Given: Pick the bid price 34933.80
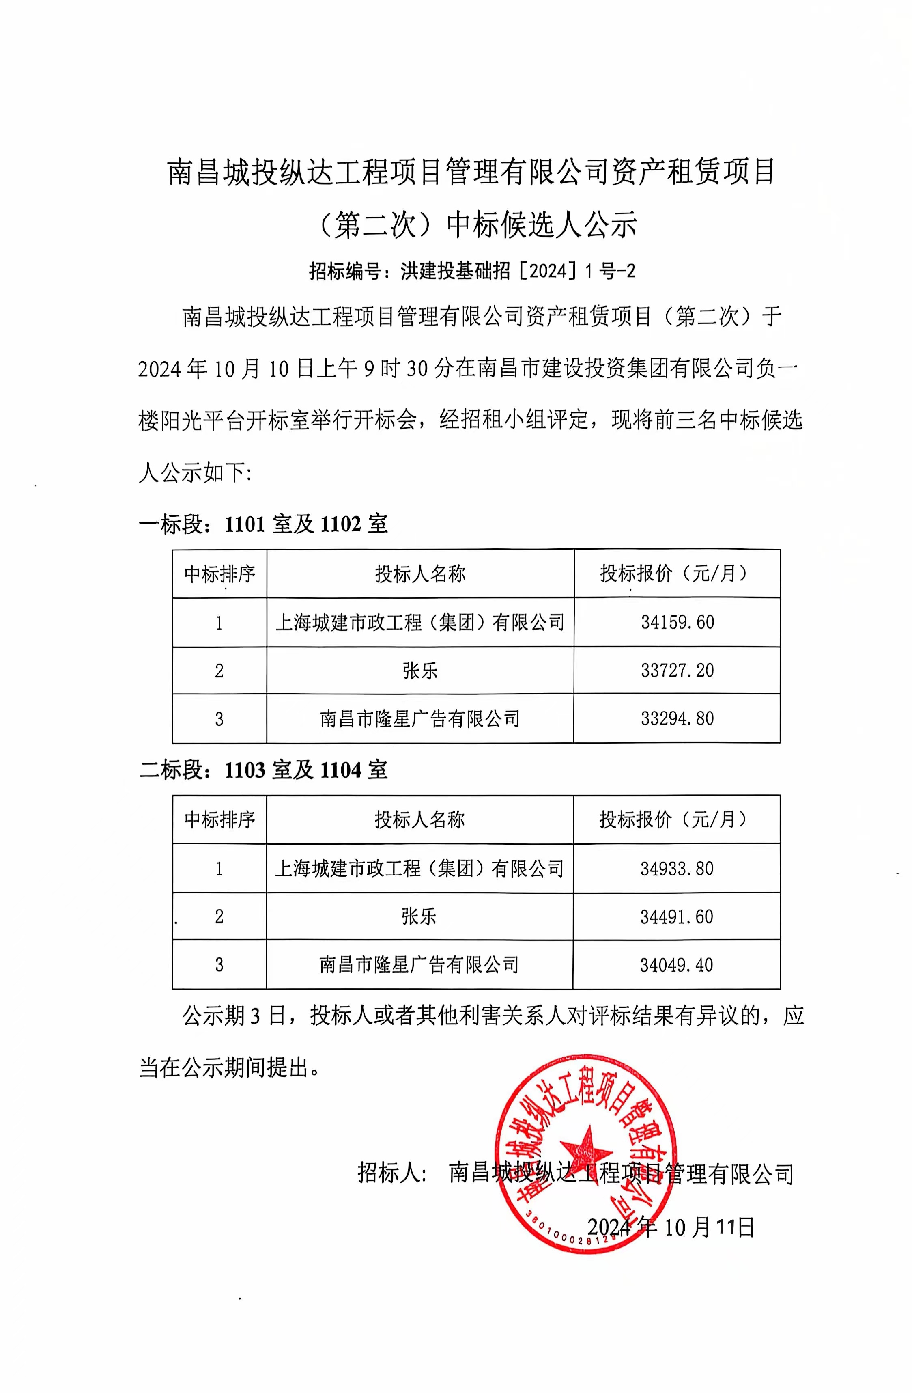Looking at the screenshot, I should (676, 869).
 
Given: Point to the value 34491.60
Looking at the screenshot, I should (676, 916).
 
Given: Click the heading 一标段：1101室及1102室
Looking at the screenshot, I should (263, 524).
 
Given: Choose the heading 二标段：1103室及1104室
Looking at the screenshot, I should (263, 770).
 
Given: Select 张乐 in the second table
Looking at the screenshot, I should (419, 916).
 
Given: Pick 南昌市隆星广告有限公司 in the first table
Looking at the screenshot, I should (420, 719).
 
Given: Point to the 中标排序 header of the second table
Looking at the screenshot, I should (219, 819).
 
